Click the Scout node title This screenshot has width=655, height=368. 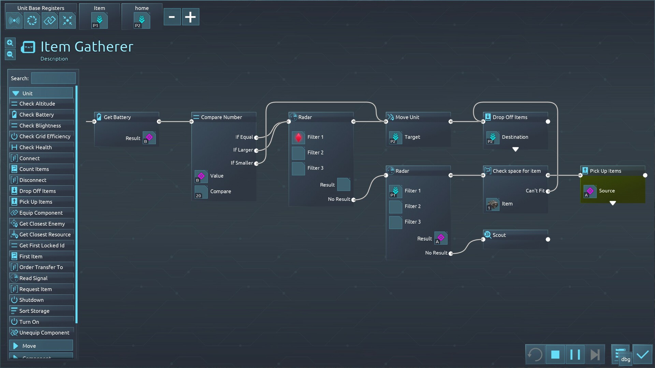tap(499, 235)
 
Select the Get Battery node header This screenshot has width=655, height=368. tap(117, 117)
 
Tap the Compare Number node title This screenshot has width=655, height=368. tap(221, 117)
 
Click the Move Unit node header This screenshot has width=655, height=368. tap(407, 117)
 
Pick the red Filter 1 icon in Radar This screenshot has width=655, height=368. tap(298, 137)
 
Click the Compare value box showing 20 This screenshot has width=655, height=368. tap(201, 192)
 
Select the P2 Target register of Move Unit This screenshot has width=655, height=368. tap(395, 138)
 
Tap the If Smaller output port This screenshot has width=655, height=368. tap(256, 164)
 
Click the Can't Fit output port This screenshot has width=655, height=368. tap(548, 191)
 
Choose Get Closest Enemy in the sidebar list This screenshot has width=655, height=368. tap(42, 224)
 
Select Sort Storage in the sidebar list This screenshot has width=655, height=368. tap(34, 311)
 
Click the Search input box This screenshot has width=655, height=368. tap(53, 78)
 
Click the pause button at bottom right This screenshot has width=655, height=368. tap(575, 355)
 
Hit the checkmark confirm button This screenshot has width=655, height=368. tap(642, 355)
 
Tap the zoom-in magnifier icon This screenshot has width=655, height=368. tap(10, 43)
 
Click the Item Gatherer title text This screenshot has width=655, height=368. tap(87, 47)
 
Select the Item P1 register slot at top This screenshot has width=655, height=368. tap(100, 21)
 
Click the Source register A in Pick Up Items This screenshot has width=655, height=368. tap(590, 191)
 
